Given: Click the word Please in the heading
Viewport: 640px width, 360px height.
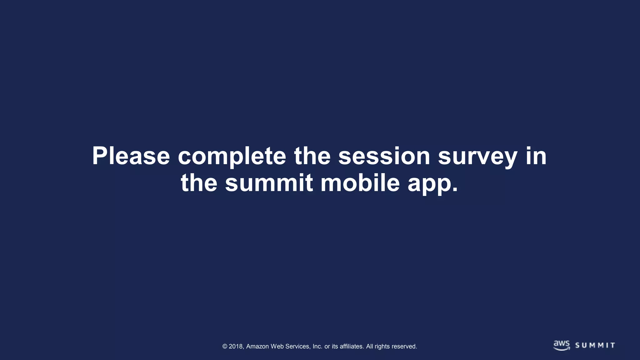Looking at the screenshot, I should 131,156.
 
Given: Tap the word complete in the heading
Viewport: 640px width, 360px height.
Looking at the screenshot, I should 232,156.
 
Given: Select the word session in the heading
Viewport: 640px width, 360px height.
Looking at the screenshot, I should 384,156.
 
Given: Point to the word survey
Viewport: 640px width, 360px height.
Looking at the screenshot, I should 477,156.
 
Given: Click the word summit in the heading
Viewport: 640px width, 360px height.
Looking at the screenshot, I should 269,183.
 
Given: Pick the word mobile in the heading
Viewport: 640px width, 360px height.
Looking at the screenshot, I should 360,183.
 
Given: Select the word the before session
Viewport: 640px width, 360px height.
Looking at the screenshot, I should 312,156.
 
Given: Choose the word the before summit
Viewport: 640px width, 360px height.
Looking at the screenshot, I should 199,183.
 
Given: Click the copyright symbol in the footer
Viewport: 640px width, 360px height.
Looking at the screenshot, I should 225,346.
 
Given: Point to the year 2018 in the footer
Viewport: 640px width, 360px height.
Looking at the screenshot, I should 236,346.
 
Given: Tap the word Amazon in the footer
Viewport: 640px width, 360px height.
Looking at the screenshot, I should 257,346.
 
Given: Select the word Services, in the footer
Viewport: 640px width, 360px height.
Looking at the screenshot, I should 298,346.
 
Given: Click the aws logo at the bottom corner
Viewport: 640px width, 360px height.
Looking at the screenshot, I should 561,345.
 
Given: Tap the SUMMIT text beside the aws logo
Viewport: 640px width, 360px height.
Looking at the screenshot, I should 595,345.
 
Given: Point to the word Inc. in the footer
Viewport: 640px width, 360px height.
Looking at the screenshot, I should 317,346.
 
